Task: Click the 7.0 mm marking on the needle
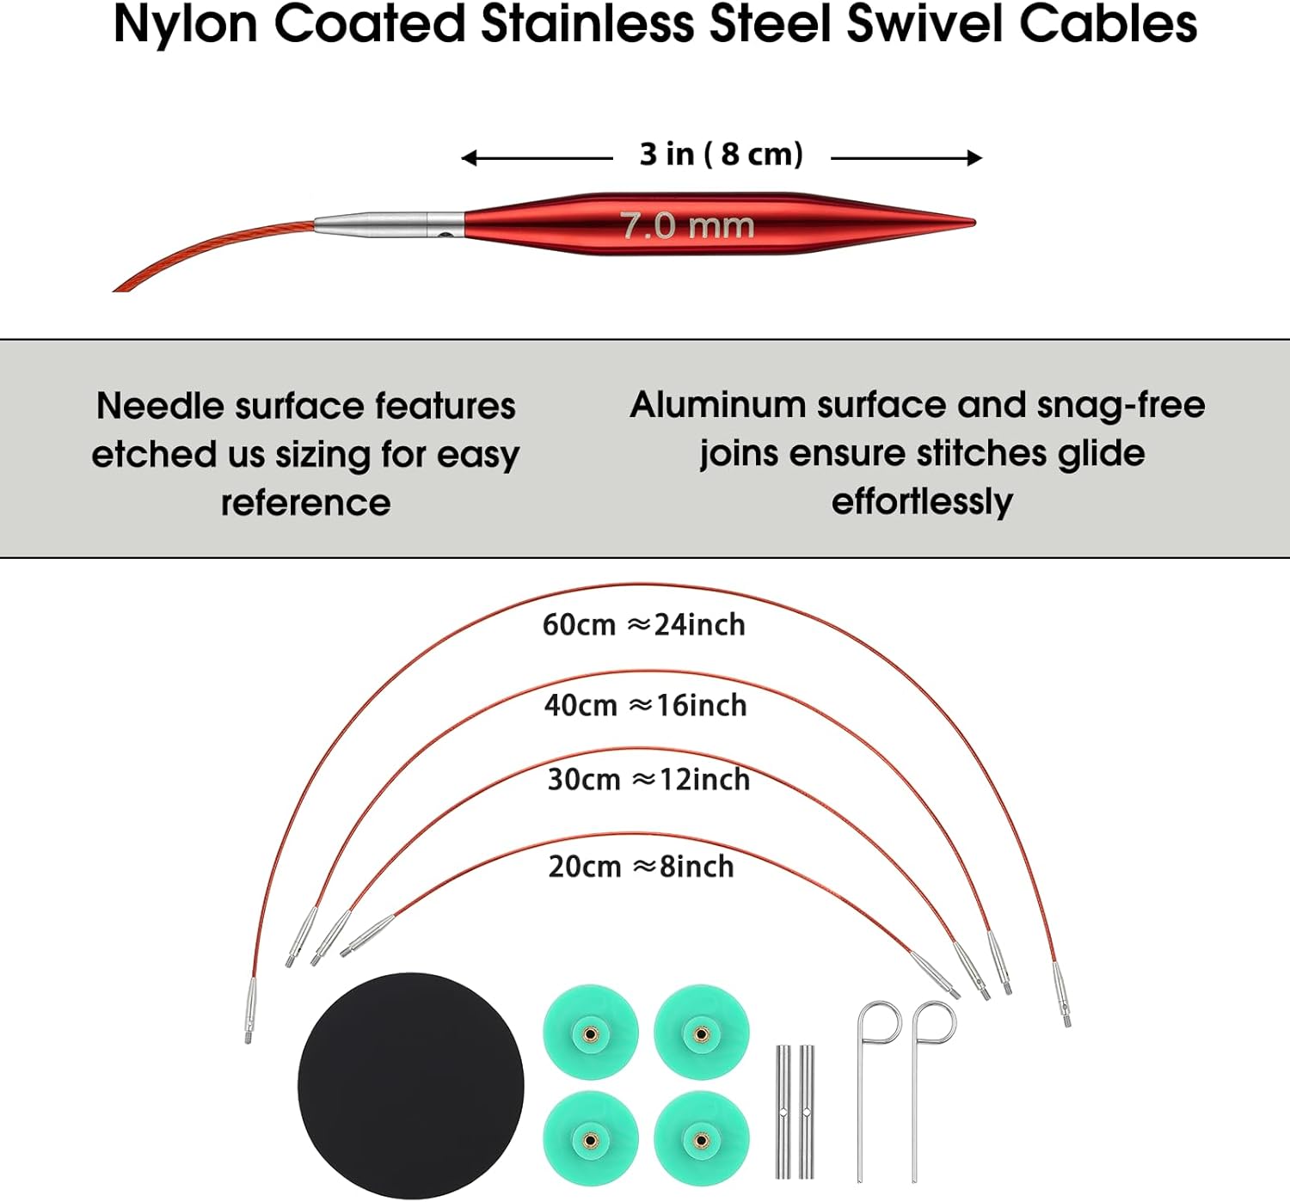click(x=687, y=226)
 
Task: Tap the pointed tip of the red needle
click(x=975, y=222)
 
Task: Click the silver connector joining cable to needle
click(x=389, y=224)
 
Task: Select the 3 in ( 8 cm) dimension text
click(x=722, y=154)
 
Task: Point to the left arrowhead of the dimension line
click(x=469, y=158)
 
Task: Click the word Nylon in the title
click(x=185, y=26)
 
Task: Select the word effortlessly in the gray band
click(x=922, y=502)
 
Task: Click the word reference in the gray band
click(x=306, y=503)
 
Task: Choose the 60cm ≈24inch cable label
click(x=643, y=624)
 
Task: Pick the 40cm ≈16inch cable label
click(x=646, y=705)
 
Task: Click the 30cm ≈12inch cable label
click(x=648, y=779)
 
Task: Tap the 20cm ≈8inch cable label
click(x=641, y=866)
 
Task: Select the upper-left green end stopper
click(x=591, y=1033)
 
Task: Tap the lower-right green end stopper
click(x=702, y=1140)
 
